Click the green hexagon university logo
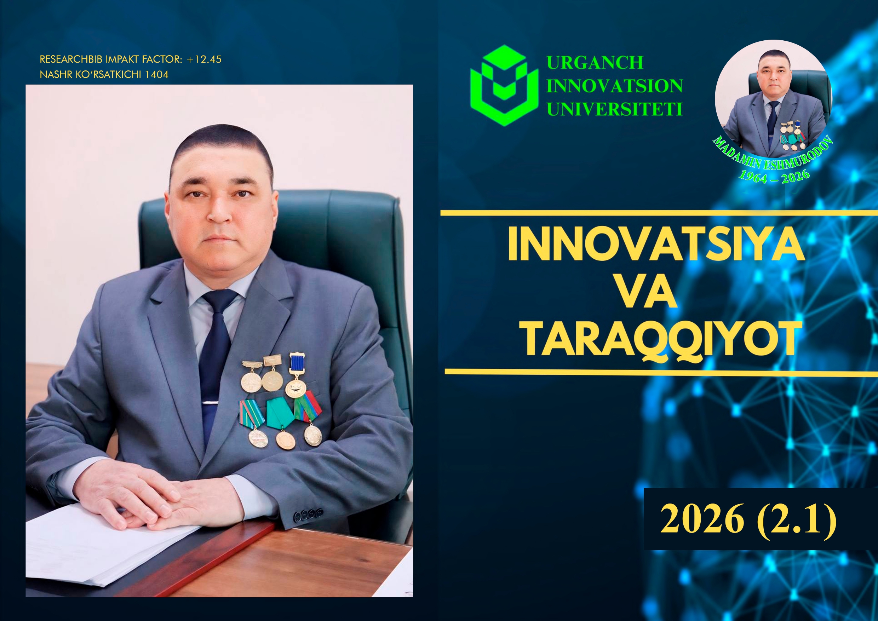tap(504, 85)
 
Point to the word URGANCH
tap(595, 62)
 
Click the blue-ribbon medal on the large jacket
tap(296, 375)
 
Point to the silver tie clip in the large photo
tap(210, 403)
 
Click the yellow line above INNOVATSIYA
tap(659, 213)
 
